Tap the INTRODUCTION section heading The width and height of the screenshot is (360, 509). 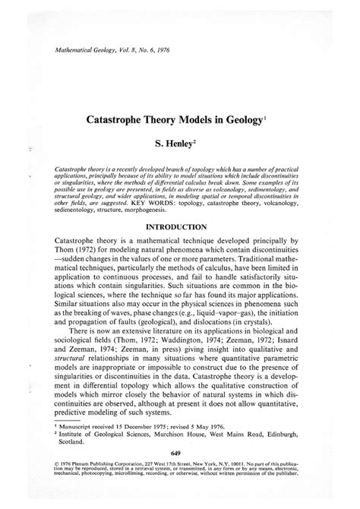(x=179, y=226)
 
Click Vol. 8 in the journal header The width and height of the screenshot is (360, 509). (x=131, y=52)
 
